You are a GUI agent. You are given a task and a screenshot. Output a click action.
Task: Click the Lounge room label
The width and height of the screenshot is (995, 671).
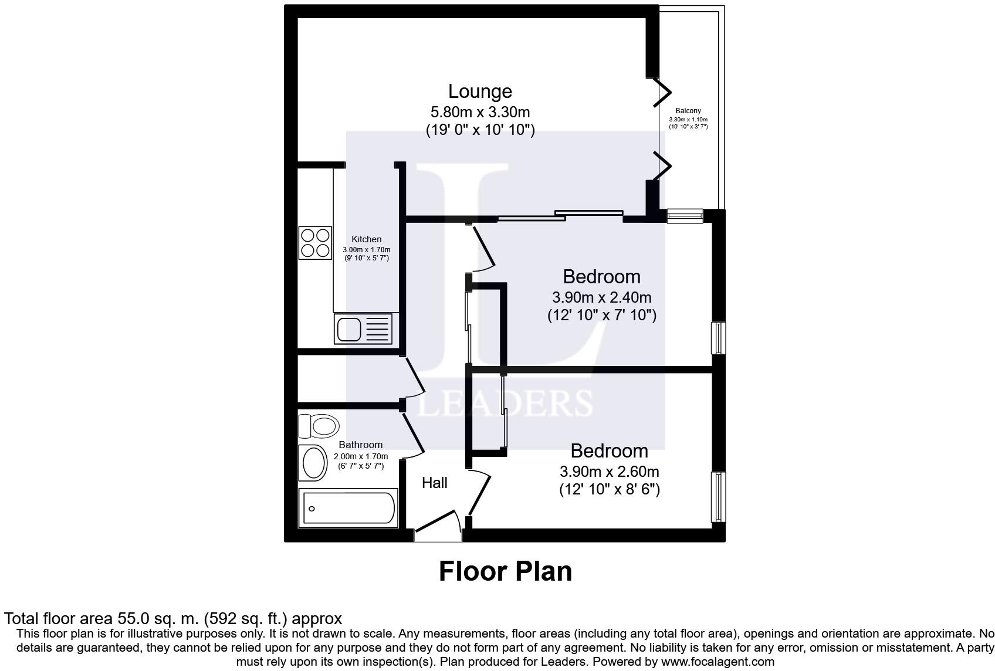[480, 91]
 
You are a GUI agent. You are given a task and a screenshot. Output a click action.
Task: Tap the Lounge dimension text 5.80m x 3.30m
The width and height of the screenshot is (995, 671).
[480, 112]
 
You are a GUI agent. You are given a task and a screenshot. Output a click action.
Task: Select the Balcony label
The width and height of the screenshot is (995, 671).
[688, 111]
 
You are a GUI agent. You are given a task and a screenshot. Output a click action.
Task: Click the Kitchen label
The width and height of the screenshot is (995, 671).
[367, 239]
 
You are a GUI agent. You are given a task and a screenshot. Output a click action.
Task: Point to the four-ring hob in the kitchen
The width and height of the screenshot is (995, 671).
[316, 243]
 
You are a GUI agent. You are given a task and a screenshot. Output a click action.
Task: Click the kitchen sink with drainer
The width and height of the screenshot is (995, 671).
[363, 329]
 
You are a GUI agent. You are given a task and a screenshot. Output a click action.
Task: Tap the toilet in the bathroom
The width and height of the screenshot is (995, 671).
[319, 427]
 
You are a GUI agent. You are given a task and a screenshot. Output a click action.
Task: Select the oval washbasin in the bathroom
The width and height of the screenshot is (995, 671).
[313, 463]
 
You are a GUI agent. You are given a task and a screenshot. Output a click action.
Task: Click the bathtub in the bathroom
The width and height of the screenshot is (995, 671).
[348, 508]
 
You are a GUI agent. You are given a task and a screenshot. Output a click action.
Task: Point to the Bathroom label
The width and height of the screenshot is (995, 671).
[361, 445]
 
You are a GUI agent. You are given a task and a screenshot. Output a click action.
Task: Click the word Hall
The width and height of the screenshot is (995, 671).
[434, 483]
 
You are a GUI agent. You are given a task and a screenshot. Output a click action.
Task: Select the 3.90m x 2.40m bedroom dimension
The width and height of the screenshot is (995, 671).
[602, 297]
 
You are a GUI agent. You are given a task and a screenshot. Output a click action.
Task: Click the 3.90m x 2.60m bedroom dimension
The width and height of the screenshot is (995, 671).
[610, 471]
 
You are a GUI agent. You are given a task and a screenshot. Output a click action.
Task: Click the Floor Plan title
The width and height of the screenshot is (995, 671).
[506, 571]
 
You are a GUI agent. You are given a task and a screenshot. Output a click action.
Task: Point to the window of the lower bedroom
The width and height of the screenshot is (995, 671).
[718, 497]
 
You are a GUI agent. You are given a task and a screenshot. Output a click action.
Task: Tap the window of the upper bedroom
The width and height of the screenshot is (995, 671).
[718, 338]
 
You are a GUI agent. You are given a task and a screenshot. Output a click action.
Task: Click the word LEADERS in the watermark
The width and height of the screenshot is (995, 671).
[505, 403]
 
